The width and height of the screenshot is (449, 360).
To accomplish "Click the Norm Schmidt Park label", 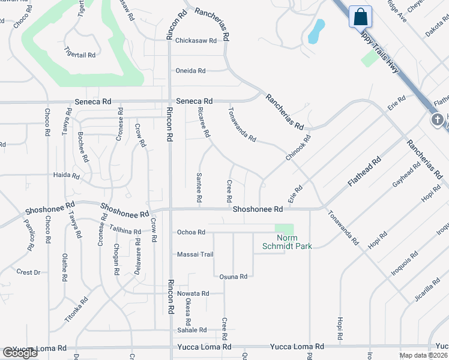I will tap(287, 242).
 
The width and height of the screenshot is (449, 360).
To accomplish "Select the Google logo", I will tap(20, 353).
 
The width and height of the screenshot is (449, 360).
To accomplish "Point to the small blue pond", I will tap(316, 31).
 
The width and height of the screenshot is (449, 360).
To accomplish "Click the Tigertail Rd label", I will tap(80, 55).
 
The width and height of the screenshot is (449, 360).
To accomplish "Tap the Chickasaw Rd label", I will tap(195, 41).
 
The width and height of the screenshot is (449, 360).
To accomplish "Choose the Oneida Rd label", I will tap(190, 71).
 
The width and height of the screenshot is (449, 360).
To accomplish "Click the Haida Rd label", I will tap(67, 176).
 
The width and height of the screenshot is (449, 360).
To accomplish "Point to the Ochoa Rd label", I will tap(191, 232).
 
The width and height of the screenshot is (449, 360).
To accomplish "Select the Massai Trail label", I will tap(194, 254).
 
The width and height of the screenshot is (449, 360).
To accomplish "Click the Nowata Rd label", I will tap(193, 293).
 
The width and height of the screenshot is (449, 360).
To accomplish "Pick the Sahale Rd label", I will tap(191, 330).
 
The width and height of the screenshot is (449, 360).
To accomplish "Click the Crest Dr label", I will tap(28, 272).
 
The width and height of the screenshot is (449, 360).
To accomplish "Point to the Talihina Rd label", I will tap(125, 229).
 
